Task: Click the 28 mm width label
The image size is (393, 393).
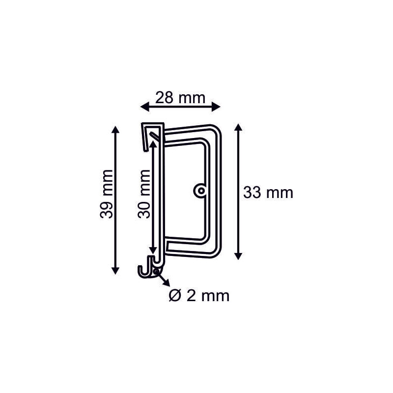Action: pyautogui.click(x=180, y=97)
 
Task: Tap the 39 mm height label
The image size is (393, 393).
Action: pyautogui.click(x=107, y=194)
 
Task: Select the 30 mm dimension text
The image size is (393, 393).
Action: pyautogui.click(x=144, y=194)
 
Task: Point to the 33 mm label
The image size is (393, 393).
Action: pyautogui.click(x=268, y=193)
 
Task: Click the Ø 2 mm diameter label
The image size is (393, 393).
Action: pyautogui.click(x=199, y=296)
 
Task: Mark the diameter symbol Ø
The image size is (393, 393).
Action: pyautogui.click(x=174, y=296)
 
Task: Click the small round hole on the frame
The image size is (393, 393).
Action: pyautogui.click(x=200, y=190)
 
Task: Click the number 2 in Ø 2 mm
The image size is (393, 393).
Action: pyautogui.click(x=192, y=296)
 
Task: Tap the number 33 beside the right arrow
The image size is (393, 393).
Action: pyautogui.click(x=252, y=193)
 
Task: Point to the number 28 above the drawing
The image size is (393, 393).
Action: pyautogui.click(x=164, y=97)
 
